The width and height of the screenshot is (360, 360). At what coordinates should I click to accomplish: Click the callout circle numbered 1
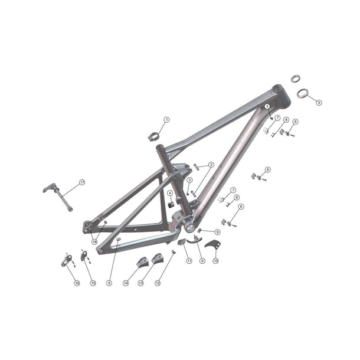166,120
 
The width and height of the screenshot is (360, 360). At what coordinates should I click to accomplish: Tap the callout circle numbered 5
319,102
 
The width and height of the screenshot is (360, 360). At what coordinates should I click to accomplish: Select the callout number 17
82,182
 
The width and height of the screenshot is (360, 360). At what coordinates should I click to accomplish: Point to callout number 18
94,241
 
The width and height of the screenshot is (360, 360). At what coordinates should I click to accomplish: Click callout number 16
77,283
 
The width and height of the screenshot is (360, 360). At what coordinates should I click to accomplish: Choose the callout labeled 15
93,283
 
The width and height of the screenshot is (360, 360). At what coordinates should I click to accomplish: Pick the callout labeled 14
126,283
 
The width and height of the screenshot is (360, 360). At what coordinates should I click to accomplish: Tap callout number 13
141,283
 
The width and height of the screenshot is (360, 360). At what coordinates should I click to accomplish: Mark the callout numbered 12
158,283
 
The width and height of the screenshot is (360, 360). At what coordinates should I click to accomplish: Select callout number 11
189,260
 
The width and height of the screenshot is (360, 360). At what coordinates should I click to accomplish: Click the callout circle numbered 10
215,260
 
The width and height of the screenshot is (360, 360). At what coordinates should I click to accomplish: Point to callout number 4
170,193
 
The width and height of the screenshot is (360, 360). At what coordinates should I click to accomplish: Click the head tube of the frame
279,96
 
